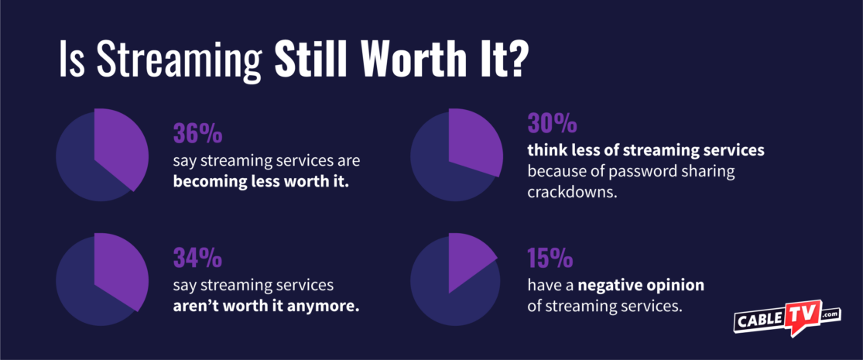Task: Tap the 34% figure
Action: click(x=197, y=256)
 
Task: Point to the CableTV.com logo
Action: click(x=786, y=317)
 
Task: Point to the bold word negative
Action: click(x=619, y=285)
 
